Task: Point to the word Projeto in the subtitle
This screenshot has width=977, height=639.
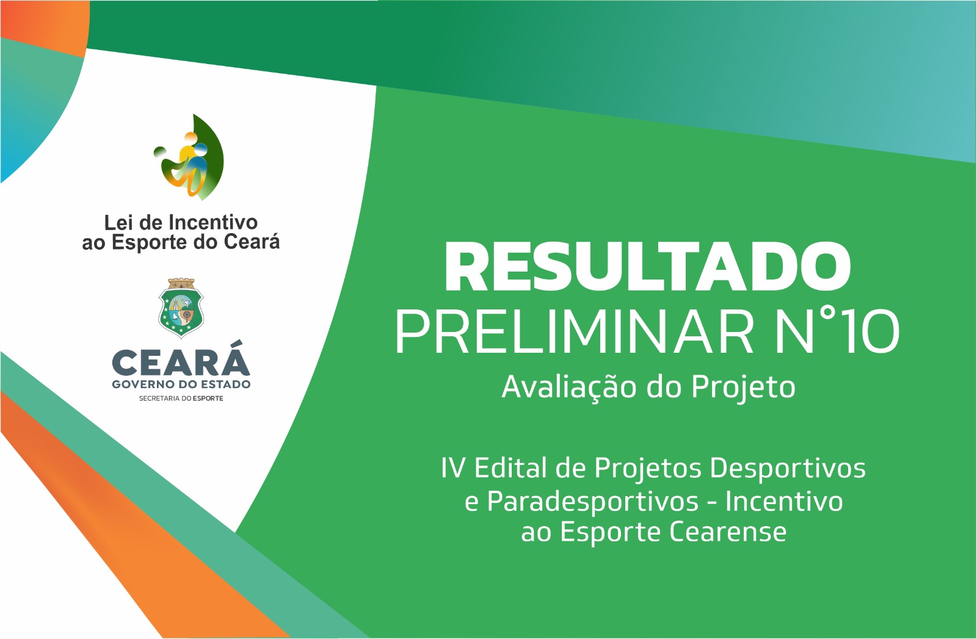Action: point(743,388)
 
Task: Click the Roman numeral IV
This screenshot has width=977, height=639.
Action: point(453,468)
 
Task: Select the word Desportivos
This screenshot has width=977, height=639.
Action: point(788,468)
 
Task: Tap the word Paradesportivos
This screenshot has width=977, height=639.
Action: point(592,502)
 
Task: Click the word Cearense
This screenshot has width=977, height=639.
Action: point(728,532)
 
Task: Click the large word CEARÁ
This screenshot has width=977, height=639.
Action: point(181,363)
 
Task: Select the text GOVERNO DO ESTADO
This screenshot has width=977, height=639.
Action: point(181,384)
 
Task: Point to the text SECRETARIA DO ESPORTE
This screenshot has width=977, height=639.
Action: point(181,399)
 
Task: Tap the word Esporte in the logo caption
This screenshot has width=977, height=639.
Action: point(149,243)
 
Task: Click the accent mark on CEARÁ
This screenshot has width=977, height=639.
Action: point(237,344)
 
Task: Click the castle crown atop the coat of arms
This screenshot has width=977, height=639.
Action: point(181,284)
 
